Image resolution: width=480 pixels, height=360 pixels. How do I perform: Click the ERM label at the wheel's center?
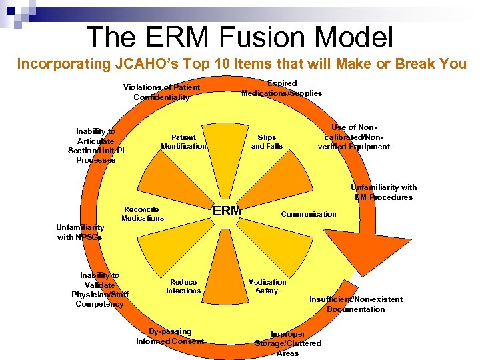click(x=226, y=212)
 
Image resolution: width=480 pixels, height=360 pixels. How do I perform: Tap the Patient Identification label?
click(x=183, y=142)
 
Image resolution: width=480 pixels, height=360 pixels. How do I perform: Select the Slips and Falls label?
click(x=267, y=142)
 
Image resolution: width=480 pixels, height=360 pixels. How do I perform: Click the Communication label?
click(x=309, y=214)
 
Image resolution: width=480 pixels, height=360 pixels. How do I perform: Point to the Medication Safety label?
click(x=267, y=287)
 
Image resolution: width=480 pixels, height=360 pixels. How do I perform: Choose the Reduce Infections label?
click(x=183, y=287)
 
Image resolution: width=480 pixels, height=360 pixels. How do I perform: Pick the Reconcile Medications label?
click(x=142, y=214)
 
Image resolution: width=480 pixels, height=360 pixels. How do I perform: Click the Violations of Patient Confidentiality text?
click(x=161, y=93)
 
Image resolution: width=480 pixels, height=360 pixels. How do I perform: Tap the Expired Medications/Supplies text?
click(x=281, y=88)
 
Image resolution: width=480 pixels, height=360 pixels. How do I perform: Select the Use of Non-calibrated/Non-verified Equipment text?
click(x=354, y=137)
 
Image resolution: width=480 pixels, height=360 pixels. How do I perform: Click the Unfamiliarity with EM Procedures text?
click(x=384, y=192)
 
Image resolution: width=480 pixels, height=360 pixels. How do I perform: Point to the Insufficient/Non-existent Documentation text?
click(x=355, y=304)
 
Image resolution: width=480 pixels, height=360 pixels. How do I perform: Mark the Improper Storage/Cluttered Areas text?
click(x=288, y=343)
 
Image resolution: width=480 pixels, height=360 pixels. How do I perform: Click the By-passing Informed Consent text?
click(x=170, y=337)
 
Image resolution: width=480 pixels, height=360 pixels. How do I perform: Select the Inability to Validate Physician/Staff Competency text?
click(x=100, y=290)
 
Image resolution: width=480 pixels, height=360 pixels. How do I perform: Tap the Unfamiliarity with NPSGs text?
click(x=80, y=232)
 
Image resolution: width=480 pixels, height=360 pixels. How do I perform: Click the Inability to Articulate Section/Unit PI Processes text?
click(x=96, y=145)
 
